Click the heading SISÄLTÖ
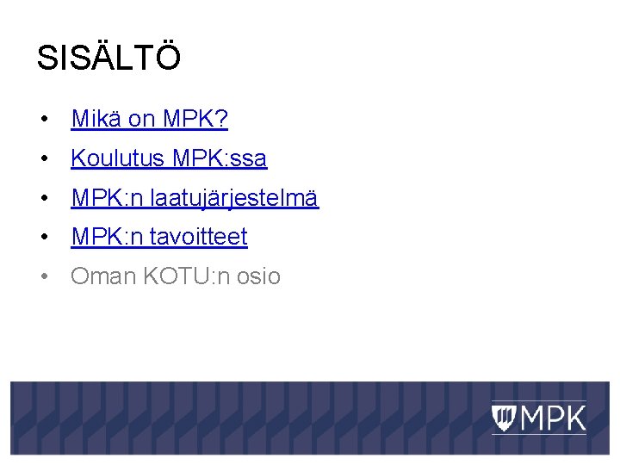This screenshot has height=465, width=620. tap(108, 59)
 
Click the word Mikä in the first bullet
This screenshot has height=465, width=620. tap(96, 119)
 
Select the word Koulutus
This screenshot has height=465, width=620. tap(118, 158)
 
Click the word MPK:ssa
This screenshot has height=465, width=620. tap(220, 158)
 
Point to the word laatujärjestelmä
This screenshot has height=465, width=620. tap(234, 199)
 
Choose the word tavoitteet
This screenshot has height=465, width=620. tap(199, 237)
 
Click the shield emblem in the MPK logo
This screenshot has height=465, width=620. tap(505, 418)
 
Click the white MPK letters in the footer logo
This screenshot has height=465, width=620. tap(552, 418)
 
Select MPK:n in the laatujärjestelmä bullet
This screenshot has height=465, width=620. tap(107, 199)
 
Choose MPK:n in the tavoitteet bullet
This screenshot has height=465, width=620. tap(107, 237)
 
